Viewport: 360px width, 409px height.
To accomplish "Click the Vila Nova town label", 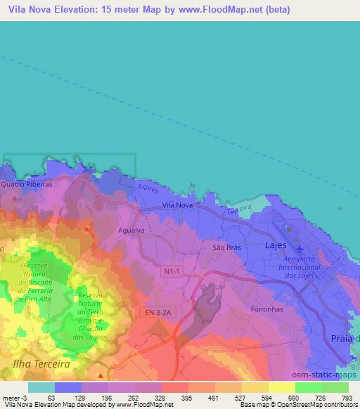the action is pos(176,204).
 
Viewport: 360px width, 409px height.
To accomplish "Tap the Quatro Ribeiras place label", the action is pos(27,183).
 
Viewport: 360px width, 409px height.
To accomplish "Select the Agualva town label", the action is pos(131,230).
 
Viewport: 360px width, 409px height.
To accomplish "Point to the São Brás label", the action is pos(226,248).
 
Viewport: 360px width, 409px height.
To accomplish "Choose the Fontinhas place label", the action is pos(266,309).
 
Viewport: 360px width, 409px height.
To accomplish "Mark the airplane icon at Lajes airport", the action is pos(300,249).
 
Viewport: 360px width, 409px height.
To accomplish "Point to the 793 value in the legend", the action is pos(346,397).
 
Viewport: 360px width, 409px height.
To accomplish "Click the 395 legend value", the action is pos(187,397).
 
